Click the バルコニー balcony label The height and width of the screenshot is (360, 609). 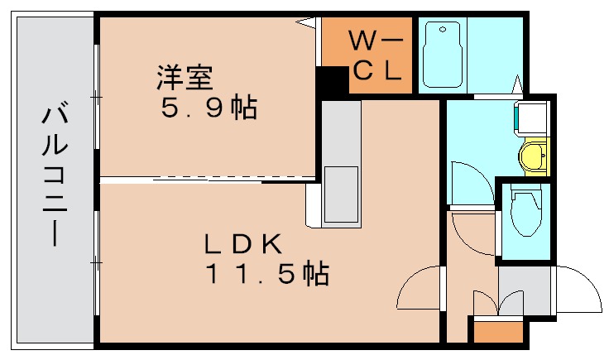pos(51,176)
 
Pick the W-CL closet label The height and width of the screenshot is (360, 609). pos(376,55)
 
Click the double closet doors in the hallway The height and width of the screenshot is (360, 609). pos(497,304)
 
